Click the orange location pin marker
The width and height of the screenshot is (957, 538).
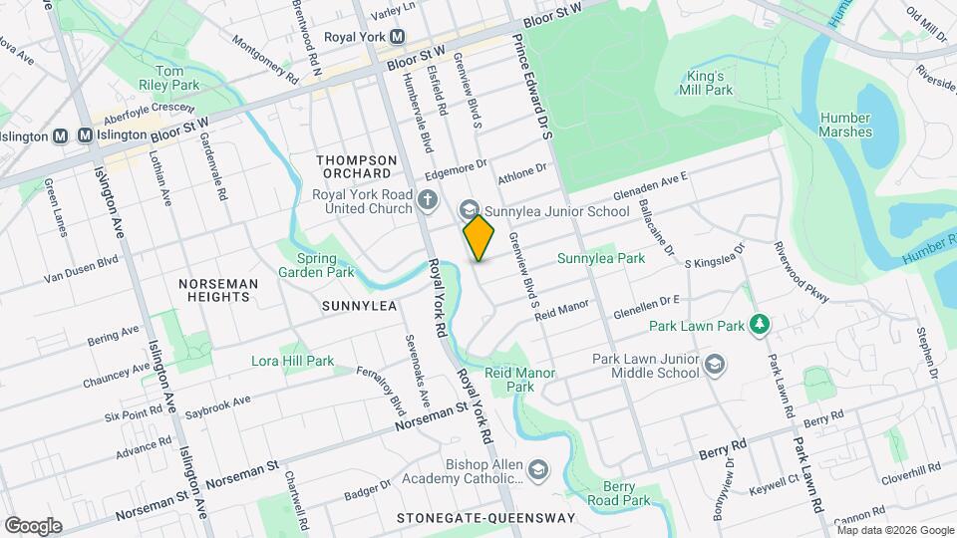tap(479, 237)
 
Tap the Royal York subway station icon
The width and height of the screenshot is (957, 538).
tap(397, 37)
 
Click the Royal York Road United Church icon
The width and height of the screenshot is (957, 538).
tap(428, 201)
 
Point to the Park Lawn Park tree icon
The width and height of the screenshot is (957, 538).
tap(760, 325)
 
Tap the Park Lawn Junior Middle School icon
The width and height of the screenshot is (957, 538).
tap(714, 366)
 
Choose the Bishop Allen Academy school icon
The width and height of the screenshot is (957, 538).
tap(538, 468)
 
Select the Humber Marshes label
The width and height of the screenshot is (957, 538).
tap(845, 125)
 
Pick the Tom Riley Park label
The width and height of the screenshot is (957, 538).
tap(170, 78)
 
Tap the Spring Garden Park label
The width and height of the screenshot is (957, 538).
tap(317, 264)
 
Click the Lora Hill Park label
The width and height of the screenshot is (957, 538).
tap(292, 361)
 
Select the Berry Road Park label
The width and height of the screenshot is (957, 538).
tap(618, 493)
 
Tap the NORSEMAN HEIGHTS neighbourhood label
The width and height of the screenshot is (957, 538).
tap(218, 290)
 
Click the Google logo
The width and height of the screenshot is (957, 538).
tap(33, 525)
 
